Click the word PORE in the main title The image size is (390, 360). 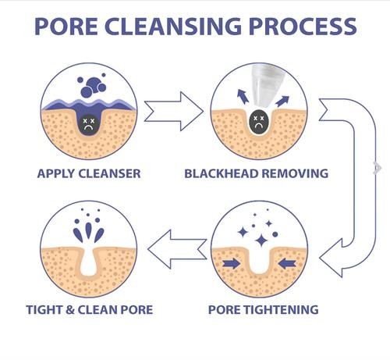pos(66,26)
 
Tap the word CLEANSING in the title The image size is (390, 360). pos(173,26)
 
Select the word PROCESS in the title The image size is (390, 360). pos(303,26)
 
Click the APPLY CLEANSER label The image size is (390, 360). pos(89,173)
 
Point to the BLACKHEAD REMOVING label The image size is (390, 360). pos(257,173)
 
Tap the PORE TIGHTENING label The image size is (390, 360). pos(264,309)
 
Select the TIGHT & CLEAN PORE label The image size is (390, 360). pos(90,309)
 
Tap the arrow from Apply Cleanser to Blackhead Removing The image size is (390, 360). pos(174,112)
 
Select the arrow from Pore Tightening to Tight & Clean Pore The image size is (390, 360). pos(177,249)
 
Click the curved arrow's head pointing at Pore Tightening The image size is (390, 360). pos(331,258)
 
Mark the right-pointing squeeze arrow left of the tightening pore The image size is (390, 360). pos(232,263)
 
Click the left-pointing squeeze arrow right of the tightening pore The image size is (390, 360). pos(287,263)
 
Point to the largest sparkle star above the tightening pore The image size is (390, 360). pos(261,241)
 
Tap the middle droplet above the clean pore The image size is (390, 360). pos(89,230)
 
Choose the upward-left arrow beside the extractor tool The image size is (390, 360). pos(243,96)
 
